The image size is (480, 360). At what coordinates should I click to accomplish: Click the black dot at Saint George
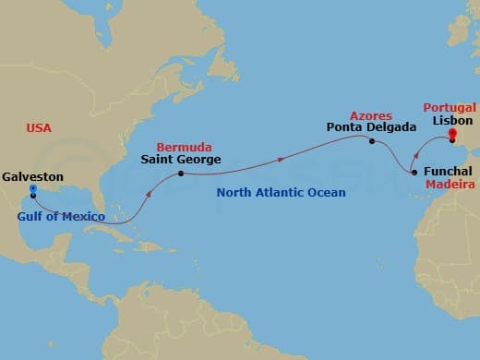[180, 174]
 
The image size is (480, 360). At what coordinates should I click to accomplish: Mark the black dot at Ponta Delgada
[371, 141]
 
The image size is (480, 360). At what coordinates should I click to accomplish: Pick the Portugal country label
[450, 107]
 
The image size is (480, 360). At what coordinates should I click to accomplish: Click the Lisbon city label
[451, 121]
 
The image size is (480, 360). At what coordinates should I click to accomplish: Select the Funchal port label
[448, 172]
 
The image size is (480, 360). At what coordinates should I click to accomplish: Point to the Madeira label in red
[449, 185]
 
